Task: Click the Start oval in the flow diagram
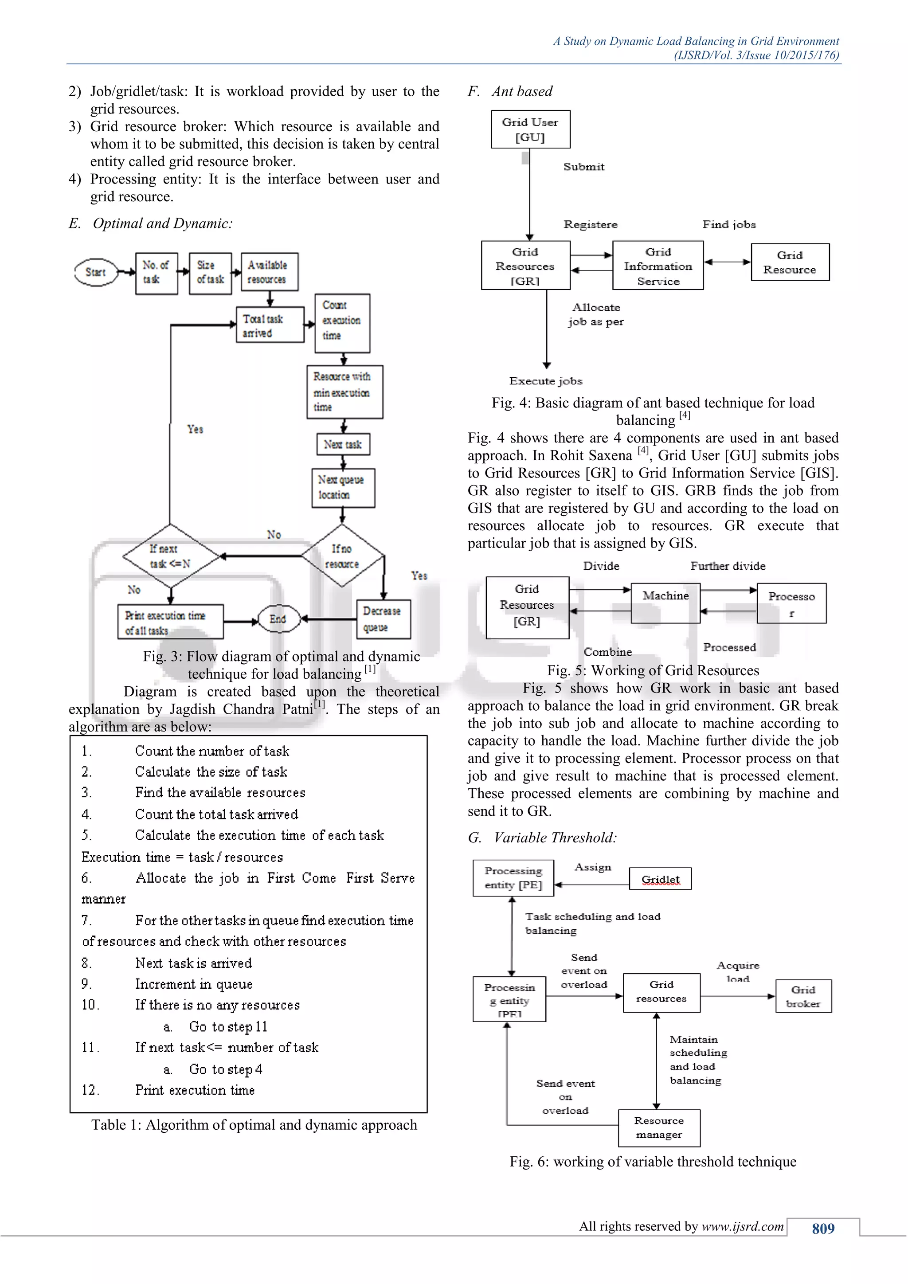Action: [96, 272]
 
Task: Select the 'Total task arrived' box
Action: [270, 325]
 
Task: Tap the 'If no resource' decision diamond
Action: [342, 556]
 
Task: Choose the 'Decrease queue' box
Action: [384, 619]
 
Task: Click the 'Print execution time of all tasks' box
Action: [171, 622]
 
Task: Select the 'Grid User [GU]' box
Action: [530, 129]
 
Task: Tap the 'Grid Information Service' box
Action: [658, 266]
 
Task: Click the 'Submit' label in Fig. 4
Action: [584, 167]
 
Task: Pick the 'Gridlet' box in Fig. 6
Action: [660, 879]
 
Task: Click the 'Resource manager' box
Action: [659, 1128]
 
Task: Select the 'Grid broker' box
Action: [803, 996]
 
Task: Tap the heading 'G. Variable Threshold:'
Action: [542, 838]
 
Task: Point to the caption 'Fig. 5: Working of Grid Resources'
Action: [653, 670]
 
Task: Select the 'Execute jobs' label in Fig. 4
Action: [546, 381]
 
